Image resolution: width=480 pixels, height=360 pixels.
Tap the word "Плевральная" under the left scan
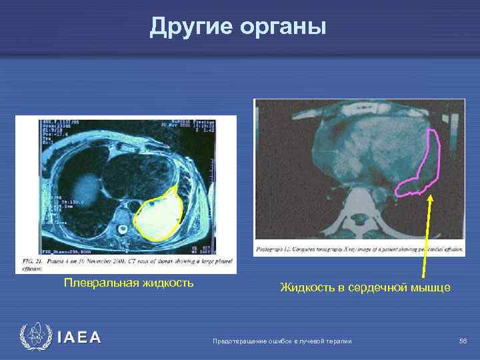(100, 283)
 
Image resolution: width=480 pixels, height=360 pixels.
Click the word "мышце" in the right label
(431, 288)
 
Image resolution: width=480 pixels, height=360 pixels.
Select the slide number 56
(463, 341)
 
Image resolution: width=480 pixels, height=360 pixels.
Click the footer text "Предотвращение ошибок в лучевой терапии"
(281, 341)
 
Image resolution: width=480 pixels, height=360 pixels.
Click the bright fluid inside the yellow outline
(159, 217)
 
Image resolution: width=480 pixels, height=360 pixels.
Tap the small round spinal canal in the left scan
(123, 230)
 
